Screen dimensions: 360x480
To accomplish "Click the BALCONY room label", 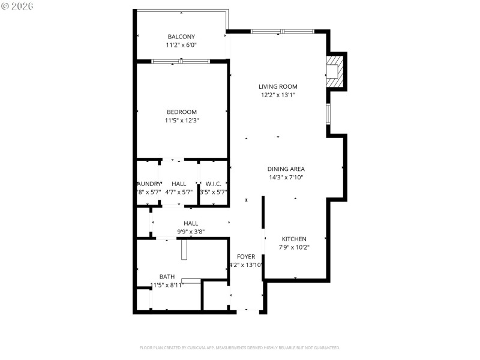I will [x=181, y=37].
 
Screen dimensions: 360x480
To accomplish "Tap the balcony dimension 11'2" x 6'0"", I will [x=181, y=45].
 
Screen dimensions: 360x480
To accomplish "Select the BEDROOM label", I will [x=181, y=112].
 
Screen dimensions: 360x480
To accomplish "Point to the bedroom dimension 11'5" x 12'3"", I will [x=181, y=121].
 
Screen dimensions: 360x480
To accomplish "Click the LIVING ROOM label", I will [x=278, y=86].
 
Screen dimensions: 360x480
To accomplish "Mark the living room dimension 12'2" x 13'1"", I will [x=278, y=95].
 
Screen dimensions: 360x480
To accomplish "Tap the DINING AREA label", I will [x=286, y=169].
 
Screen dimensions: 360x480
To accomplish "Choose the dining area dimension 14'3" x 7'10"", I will [x=286, y=177].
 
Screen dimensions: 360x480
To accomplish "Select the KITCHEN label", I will [x=293, y=239].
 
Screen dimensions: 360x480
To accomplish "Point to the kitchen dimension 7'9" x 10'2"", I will [x=293, y=247].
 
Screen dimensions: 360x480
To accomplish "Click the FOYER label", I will [x=246, y=256].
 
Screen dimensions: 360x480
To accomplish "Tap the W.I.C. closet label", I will [x=214, y=184].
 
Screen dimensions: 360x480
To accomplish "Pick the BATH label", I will [x=167, y=277].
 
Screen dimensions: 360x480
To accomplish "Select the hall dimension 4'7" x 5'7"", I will [x=179, y=192].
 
